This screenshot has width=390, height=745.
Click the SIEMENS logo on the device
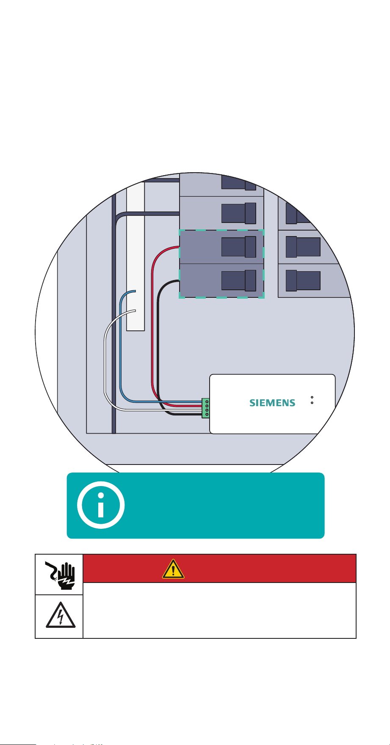tap(272, 403)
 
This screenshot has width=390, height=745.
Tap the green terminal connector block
tap(206, 408)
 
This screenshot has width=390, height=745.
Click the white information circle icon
tap(101, 505)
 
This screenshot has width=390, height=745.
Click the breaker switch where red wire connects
tap(238, 247)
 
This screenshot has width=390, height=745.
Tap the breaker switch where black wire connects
tap(238, 280)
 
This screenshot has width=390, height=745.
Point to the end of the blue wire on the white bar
tap(135, 291)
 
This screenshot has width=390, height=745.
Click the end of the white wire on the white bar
tap(135, 311)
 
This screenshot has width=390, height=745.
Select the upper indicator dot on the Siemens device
tap(312, 397)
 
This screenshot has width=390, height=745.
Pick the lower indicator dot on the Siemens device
tap(312, 403)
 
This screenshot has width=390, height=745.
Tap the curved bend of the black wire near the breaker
tap(163, 286)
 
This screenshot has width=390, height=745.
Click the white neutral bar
tap(136, 256)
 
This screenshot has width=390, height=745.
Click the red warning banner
tap(219, 569)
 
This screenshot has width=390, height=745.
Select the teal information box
tap(196, 506)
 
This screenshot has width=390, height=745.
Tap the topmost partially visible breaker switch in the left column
tap(238, 182)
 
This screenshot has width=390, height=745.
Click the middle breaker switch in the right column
tap(303, 247)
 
